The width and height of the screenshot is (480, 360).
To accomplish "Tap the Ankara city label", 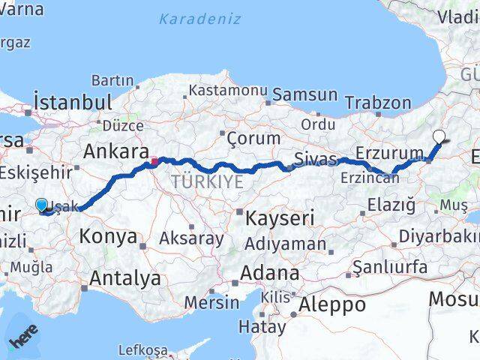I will (x=115, y=151).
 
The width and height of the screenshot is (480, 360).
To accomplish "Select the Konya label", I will (x=108, y=238).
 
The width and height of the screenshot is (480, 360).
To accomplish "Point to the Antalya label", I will (x=124, y=278).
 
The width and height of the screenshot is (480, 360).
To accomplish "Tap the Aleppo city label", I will (x=331, y=304).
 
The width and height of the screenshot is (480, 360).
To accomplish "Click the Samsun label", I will (x=304, y=94).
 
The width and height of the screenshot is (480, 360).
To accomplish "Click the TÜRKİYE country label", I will (x=207, y=181).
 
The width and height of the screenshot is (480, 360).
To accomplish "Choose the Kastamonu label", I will (x=228, y=90).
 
